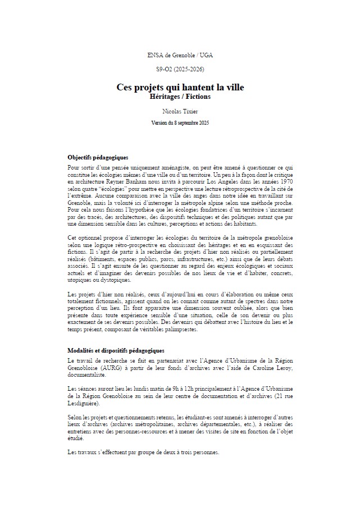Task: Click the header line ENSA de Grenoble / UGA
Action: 180,55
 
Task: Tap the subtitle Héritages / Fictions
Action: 180,97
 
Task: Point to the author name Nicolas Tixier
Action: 180,112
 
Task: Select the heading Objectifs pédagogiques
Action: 98,157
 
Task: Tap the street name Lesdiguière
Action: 84,404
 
